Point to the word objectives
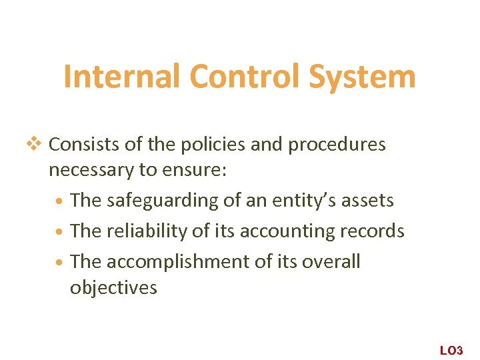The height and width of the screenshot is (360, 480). point(113,288)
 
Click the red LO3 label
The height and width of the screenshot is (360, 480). point(451,350)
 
